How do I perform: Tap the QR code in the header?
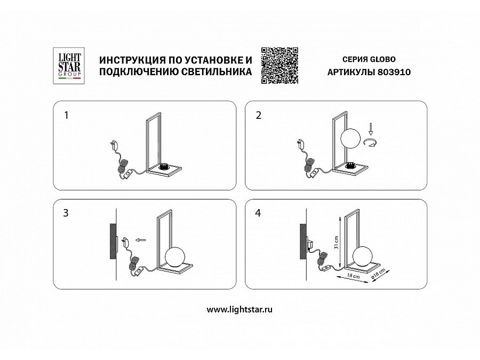coord(279,65)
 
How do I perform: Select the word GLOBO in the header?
coord(384,59)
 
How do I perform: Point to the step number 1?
coord(66,115)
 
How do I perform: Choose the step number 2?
coord(258,115)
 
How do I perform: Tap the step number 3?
coord(66,213)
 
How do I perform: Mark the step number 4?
coord(258,213)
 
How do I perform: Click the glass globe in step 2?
coord(350,140)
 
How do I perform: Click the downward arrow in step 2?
coord(372,128)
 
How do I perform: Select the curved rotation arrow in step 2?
coord(372,142)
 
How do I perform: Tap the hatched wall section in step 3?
coord(113,241)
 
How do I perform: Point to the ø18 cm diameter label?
coord(377,274)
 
